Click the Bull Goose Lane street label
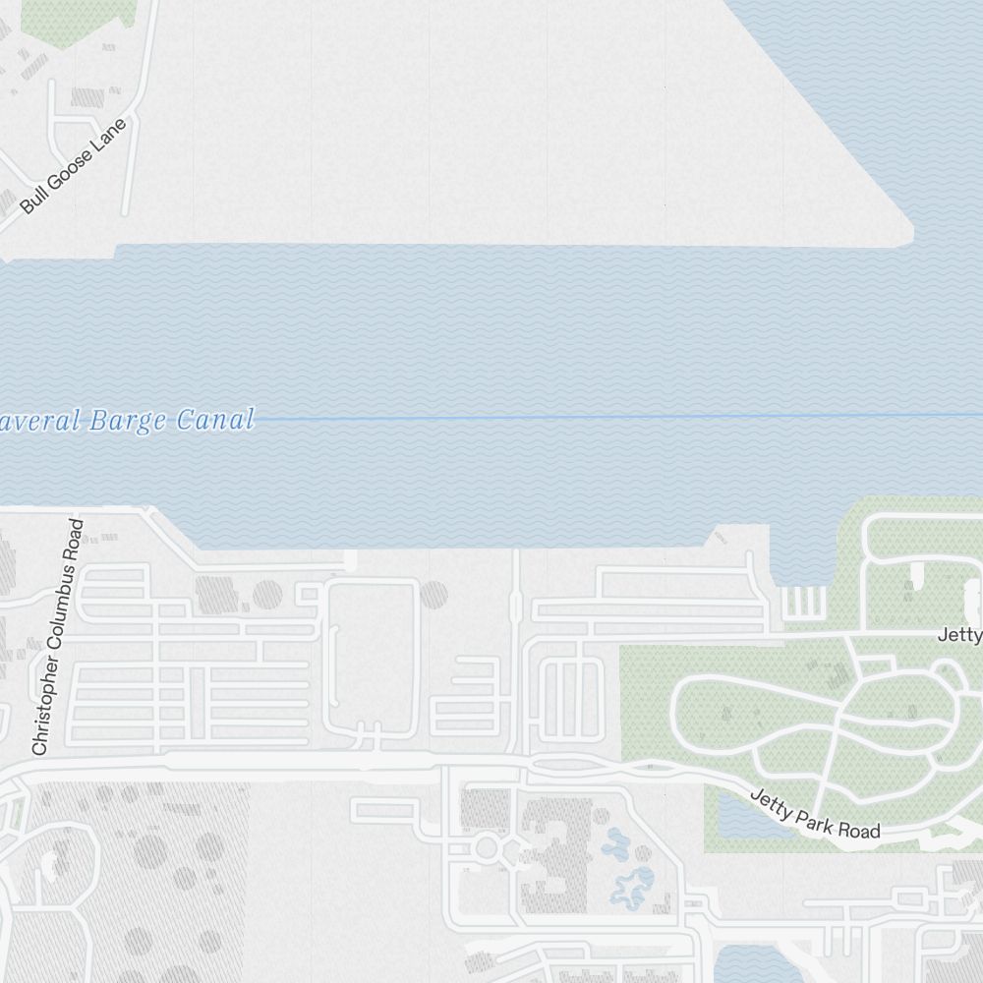(x=75, y=166)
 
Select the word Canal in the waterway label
(x=215, y=421)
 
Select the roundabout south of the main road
(x=486, y=846)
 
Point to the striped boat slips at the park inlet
(x=802, y=601)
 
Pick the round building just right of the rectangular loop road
(x=434, y=594)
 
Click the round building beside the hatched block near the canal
(x=267, y=595)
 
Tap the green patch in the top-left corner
(x=78, y=20)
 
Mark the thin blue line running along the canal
(x=590, y=417)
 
